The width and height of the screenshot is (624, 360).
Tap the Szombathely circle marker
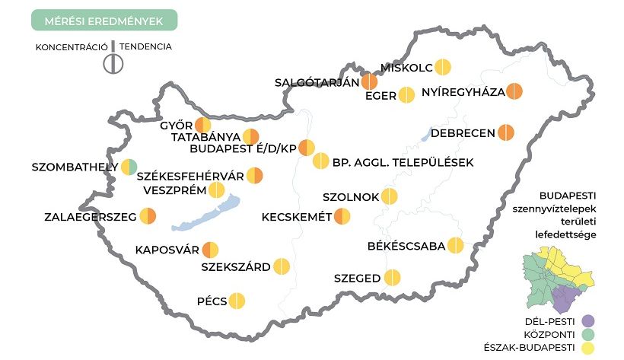(x=129, y=166)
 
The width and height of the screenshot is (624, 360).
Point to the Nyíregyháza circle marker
(x=515, y=91)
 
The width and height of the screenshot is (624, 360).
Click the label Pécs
(x=212, y=301)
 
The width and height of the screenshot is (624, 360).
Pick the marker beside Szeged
(x=393, y=279)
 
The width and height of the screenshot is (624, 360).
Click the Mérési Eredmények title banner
(x=104, y=21)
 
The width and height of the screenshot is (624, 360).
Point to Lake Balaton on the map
(x=205, y=215)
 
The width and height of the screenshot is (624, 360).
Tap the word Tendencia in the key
(x=145, y=46)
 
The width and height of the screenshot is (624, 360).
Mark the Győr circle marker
(x=203, y=126)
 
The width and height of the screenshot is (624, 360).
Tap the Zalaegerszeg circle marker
(x=148, y=217)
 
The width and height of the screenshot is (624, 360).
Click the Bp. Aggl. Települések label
(x=403, y=162)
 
